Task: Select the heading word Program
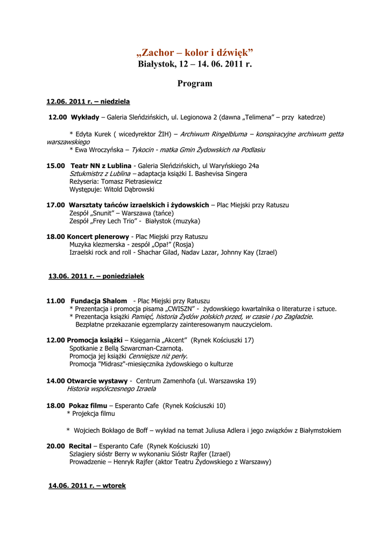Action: (195, 84)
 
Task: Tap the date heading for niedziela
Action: (88, 102)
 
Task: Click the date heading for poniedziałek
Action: (96, 276)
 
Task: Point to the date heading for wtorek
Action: (87, 486)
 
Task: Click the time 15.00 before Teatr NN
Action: (55, 166)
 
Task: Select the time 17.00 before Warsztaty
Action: (55, 205)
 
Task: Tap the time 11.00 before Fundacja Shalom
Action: (55, 301)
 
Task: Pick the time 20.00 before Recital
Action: (55, 446)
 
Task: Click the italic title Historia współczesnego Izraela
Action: (111, 389)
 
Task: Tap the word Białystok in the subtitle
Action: (157, 64)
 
